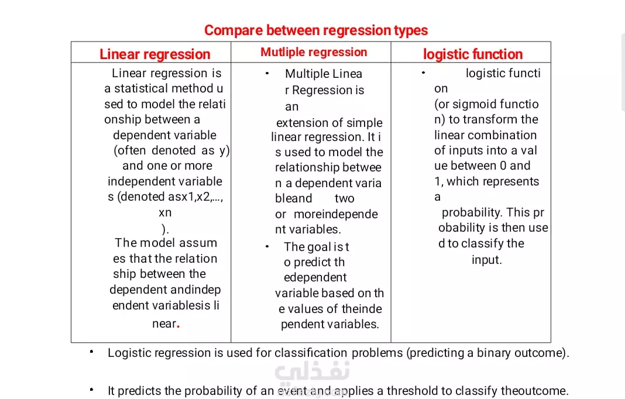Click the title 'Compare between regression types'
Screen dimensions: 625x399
point(315,30)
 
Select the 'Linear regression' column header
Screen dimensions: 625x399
point(154,54)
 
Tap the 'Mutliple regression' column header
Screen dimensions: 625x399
point(314,52)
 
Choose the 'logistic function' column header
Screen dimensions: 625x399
point(473,54)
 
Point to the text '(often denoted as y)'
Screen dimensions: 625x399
point(172,151)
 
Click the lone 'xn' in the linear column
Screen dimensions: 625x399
point(165,213)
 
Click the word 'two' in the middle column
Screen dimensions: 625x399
point(344,198)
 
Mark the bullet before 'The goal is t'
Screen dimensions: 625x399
point(267,247)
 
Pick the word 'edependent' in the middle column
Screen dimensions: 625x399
point(315,277)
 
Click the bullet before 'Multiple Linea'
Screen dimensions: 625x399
point(267,73)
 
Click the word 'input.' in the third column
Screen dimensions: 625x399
point(487,260)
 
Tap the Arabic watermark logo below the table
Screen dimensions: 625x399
point(312,371)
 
